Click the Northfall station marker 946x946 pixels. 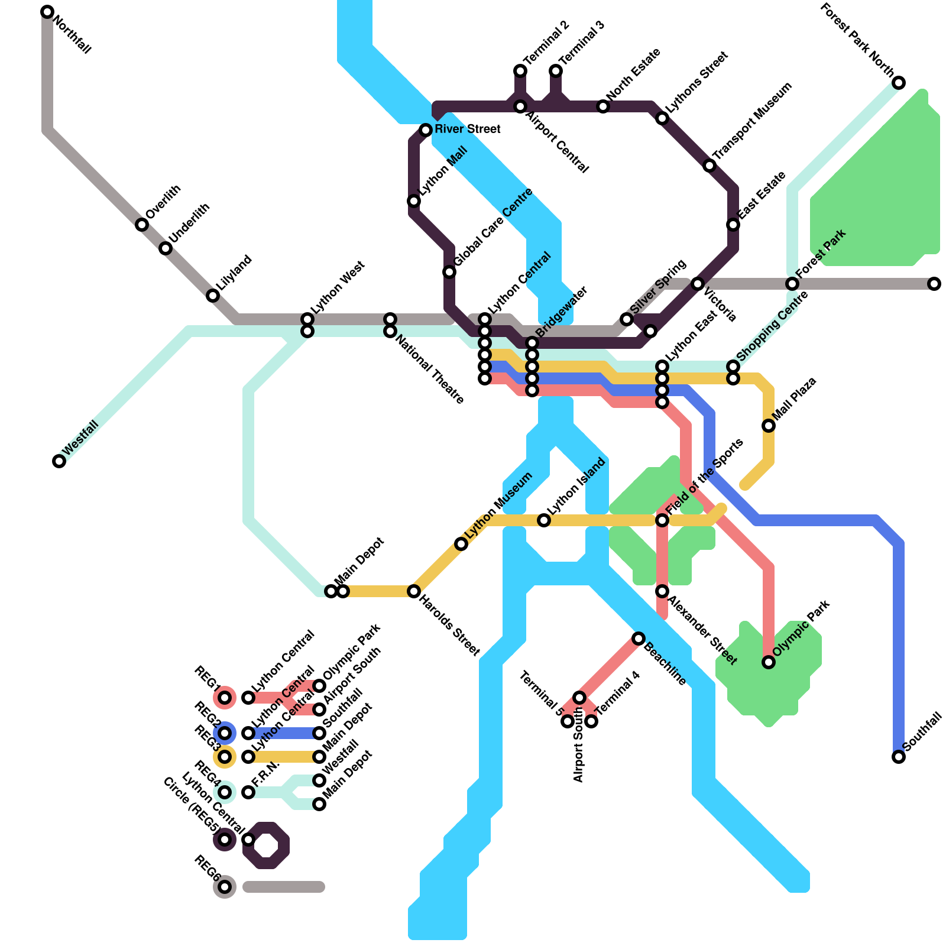coord(47,12)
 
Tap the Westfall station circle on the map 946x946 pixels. coord(59,461)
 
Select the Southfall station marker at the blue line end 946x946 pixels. coord(899,757)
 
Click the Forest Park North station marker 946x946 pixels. coord(899,83)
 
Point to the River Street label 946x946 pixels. coord(468,129)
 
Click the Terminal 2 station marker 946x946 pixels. coord(520,71)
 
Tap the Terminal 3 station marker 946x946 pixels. coord(556,71)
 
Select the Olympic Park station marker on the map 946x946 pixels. coord(769,662)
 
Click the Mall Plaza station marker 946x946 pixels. coord(769,426)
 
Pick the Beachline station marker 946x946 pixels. coord(639,639)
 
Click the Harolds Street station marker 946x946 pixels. coord(414,591)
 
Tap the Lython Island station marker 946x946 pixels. coord(544,520)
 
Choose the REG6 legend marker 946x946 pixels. coord(225,887)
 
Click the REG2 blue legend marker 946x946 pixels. coord(225,733)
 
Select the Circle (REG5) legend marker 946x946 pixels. coord(225,840)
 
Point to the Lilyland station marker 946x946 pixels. coord(213,296)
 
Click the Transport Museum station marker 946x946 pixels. coord(710,166)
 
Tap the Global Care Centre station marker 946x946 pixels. coord(449,272)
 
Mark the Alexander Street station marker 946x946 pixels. coord(662,591)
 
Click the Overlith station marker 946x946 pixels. coord(142,225)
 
